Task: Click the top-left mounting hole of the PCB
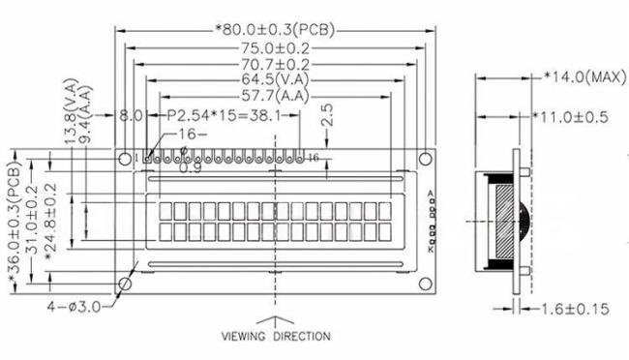tap(125, 156)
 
